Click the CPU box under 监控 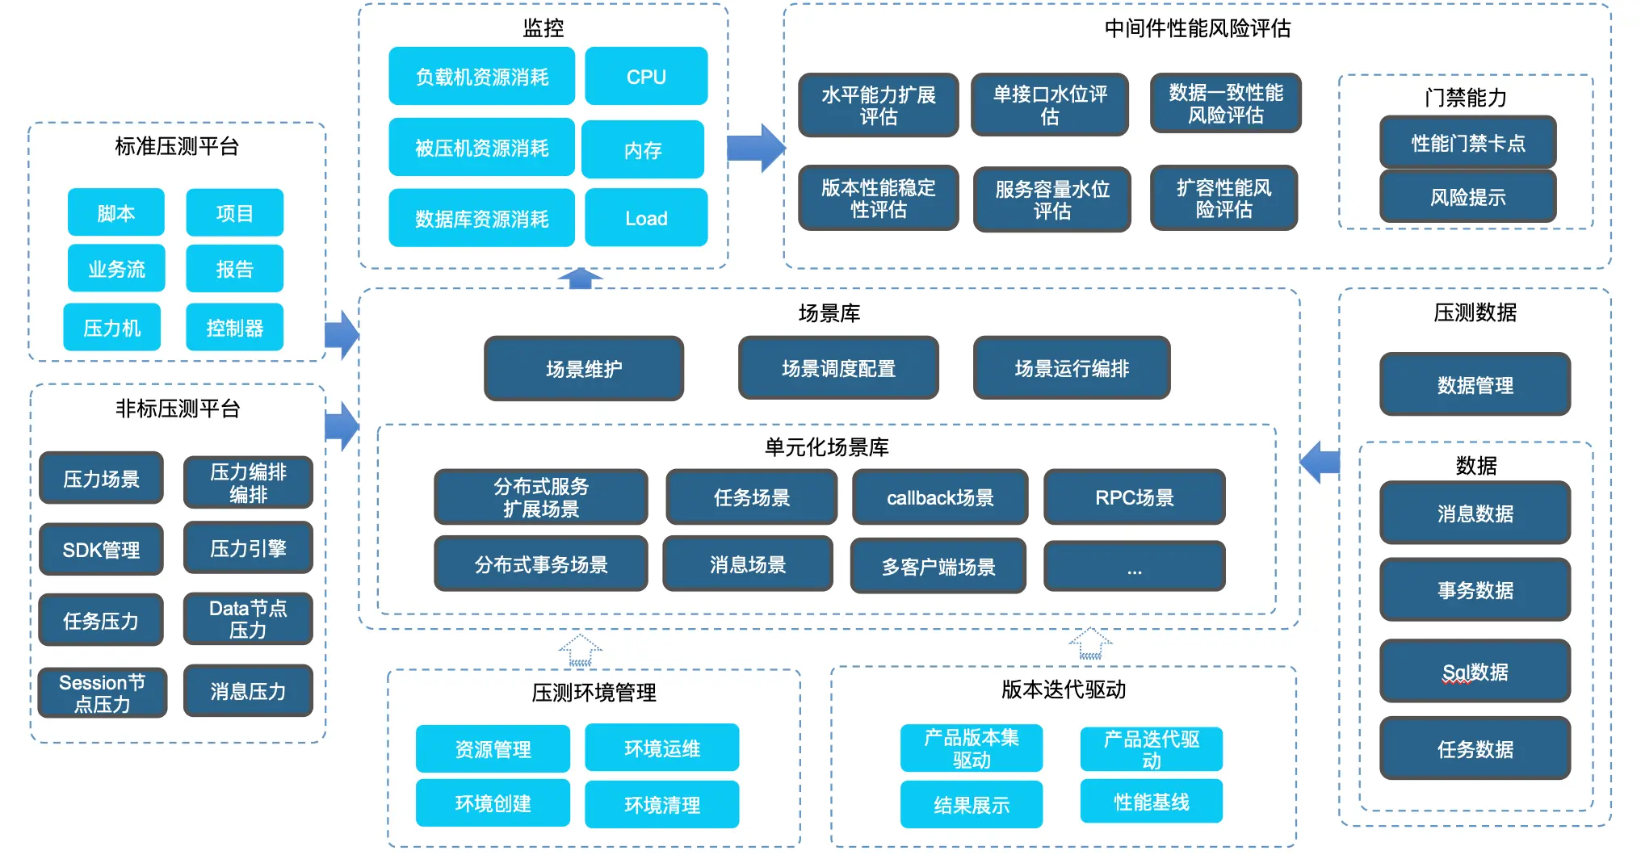(x=646, y=77)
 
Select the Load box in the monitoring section (x=646, y=218)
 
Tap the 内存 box (x=643, y=149)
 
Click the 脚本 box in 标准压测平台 (x=115, y=212)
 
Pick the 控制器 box (x=234, y=327)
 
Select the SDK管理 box (x=101, y=549)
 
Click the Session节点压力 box (x=102, y=693)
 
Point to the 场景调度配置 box (x=838, y=368)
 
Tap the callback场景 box (x=940, y=497)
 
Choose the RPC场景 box (x=1134, y=497)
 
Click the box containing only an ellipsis (x=1134, y=567)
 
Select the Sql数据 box (x=1475, y=671)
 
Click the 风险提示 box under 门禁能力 (x=1467, y=196)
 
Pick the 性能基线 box (x=1151, y=802)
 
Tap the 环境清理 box (x=661, y=804)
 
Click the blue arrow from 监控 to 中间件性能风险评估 (x=756, y=148)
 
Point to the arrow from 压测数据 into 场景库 (x=1320, y=462)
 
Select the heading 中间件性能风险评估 (x=1198, y=28)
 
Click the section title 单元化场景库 (x=826, y=446)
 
